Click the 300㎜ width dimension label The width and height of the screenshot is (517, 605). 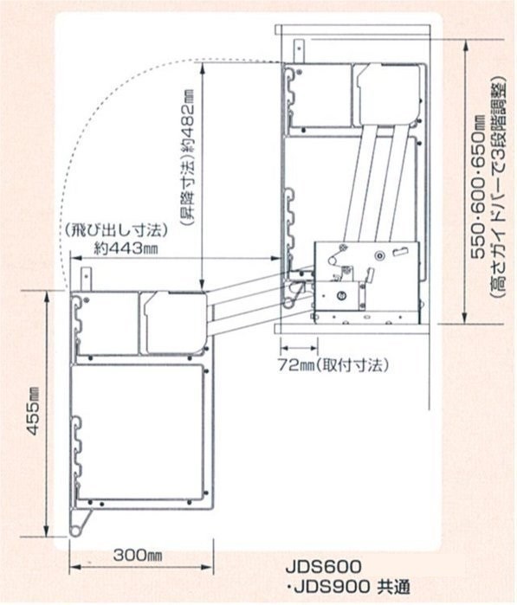(x=138, y=556)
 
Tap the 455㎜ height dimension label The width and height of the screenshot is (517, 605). (x=35, y=412)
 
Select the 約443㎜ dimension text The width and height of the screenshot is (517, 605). (x=126, y=248)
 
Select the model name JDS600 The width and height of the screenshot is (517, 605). (x=324, y=567)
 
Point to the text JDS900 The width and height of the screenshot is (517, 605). (x=332, y=587)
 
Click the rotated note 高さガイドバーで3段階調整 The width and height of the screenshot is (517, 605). (x=498, y=189)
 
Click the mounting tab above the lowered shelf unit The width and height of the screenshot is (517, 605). (x=87, y=278)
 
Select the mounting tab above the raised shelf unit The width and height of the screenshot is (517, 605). (x=300, y=50)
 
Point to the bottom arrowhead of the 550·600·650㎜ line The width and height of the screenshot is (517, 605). (x=467, y=317)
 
